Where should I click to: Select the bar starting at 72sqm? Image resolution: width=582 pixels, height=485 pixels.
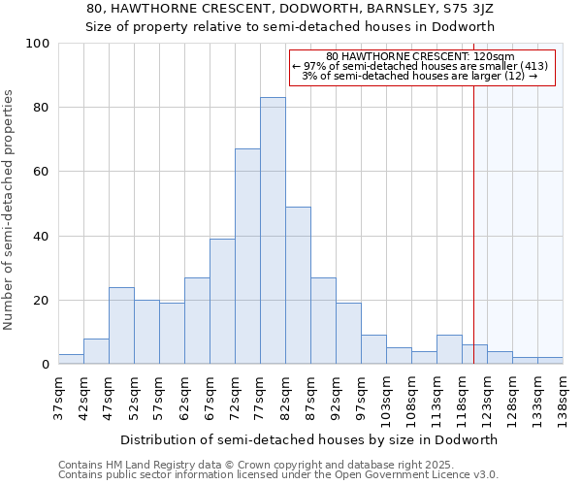[247, 256]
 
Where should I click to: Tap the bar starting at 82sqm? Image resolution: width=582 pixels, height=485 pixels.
[298, 285]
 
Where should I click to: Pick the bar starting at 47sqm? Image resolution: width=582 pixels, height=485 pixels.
[121, 325]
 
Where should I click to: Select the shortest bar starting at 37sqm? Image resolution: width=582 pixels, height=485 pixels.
[71, 359]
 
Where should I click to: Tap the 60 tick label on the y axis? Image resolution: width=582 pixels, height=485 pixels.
[42, 172]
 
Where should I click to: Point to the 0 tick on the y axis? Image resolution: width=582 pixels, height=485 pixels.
[46, 365]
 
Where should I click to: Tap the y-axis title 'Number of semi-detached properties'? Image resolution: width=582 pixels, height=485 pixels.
[10, 210]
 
